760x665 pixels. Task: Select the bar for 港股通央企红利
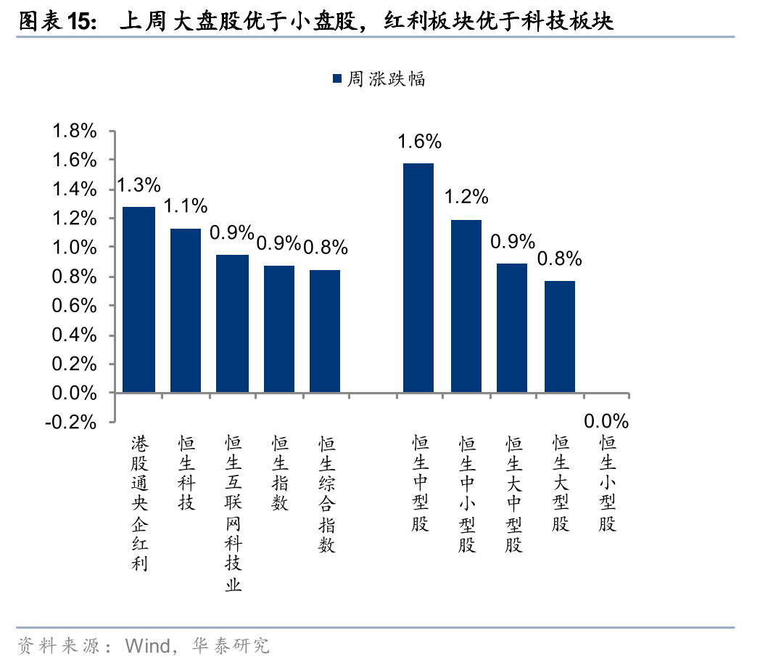139,300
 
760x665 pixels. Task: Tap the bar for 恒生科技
186,311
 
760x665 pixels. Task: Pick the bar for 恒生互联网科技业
232,324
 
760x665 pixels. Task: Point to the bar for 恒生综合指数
325,331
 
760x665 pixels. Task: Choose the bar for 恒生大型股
560,337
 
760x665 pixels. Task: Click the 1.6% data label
419,141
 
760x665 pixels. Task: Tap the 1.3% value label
139,185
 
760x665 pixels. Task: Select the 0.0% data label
606,421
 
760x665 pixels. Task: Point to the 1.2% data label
466,197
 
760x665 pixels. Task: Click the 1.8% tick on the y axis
74,131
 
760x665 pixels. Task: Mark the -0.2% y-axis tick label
71,422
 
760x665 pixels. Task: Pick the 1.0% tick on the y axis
74,247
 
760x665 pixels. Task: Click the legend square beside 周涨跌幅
337,78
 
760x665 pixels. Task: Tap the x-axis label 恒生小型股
607,484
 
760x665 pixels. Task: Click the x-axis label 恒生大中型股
514,494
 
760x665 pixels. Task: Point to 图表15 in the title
56,22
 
